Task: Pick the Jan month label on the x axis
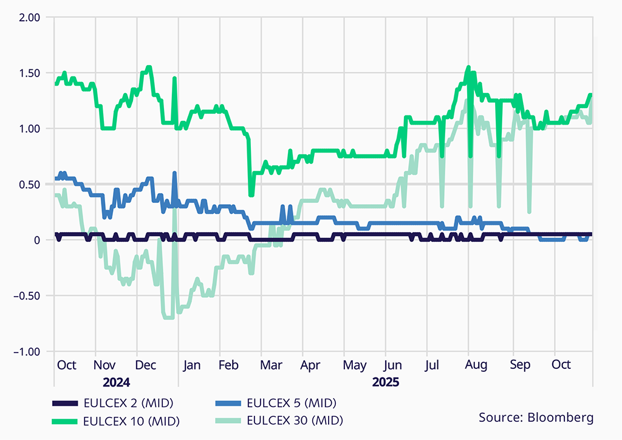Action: pyautogui.click(x=191, y=365)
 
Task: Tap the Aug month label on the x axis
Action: pyautogui.click(x=476, y=365)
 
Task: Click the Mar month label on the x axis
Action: pyautogui.click(x=271, y=365)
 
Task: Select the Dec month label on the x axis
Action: pyautogui.click(x=146, y=365)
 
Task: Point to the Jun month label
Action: pyautogui.click(x=393, y=365)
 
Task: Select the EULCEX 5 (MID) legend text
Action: pyautogui.click(x=292, y=403)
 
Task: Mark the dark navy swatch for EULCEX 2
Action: pyautogui.click(x=65, y=403)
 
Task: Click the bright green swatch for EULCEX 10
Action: pyautogui.click(x=65, y=420)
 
